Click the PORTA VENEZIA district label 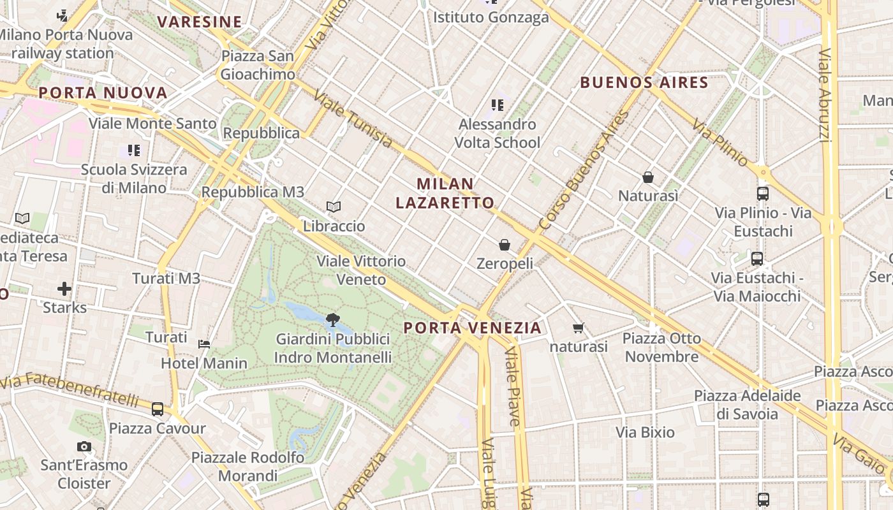pyautogui.click(x=473, y=328)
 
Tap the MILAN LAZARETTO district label pyautogui.click(x=445, y=193)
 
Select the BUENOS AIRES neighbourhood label pyautogui.click(x=644, y=82)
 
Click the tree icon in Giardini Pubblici pyautogui.click(x=332, y=320)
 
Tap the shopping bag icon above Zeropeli pyautogui.click(x=505, y=245)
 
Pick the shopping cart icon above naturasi pyautogui.click(x=579, y=328)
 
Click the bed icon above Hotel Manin pyautogui.click(x=204, y=344)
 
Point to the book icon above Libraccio pyautogui.click(x=334, y=207)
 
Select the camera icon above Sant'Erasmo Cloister pyautogui.click(x=84, y=446)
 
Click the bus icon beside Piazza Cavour pyautogui.click(x=158, y=409)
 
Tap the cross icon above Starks pyautogui.click(x=64, y=289)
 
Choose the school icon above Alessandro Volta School pyautogui.click(x=498, y=105)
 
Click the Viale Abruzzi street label pyautogui.click(x=824, y=96)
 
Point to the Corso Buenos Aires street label pyautogui.click(x=584, y=171)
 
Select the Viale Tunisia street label pyautogui.click(x=352, y=119)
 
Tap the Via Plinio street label pyautogui.click(x=720, y=143)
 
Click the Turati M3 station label pyautogui.click(x=166, y=278)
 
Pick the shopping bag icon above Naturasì pyautogui.click(x=648, y=177)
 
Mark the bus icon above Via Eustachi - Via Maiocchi pyautogui.click(x=757, y=259)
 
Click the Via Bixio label pyautogui.click(x=645, y=432)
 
